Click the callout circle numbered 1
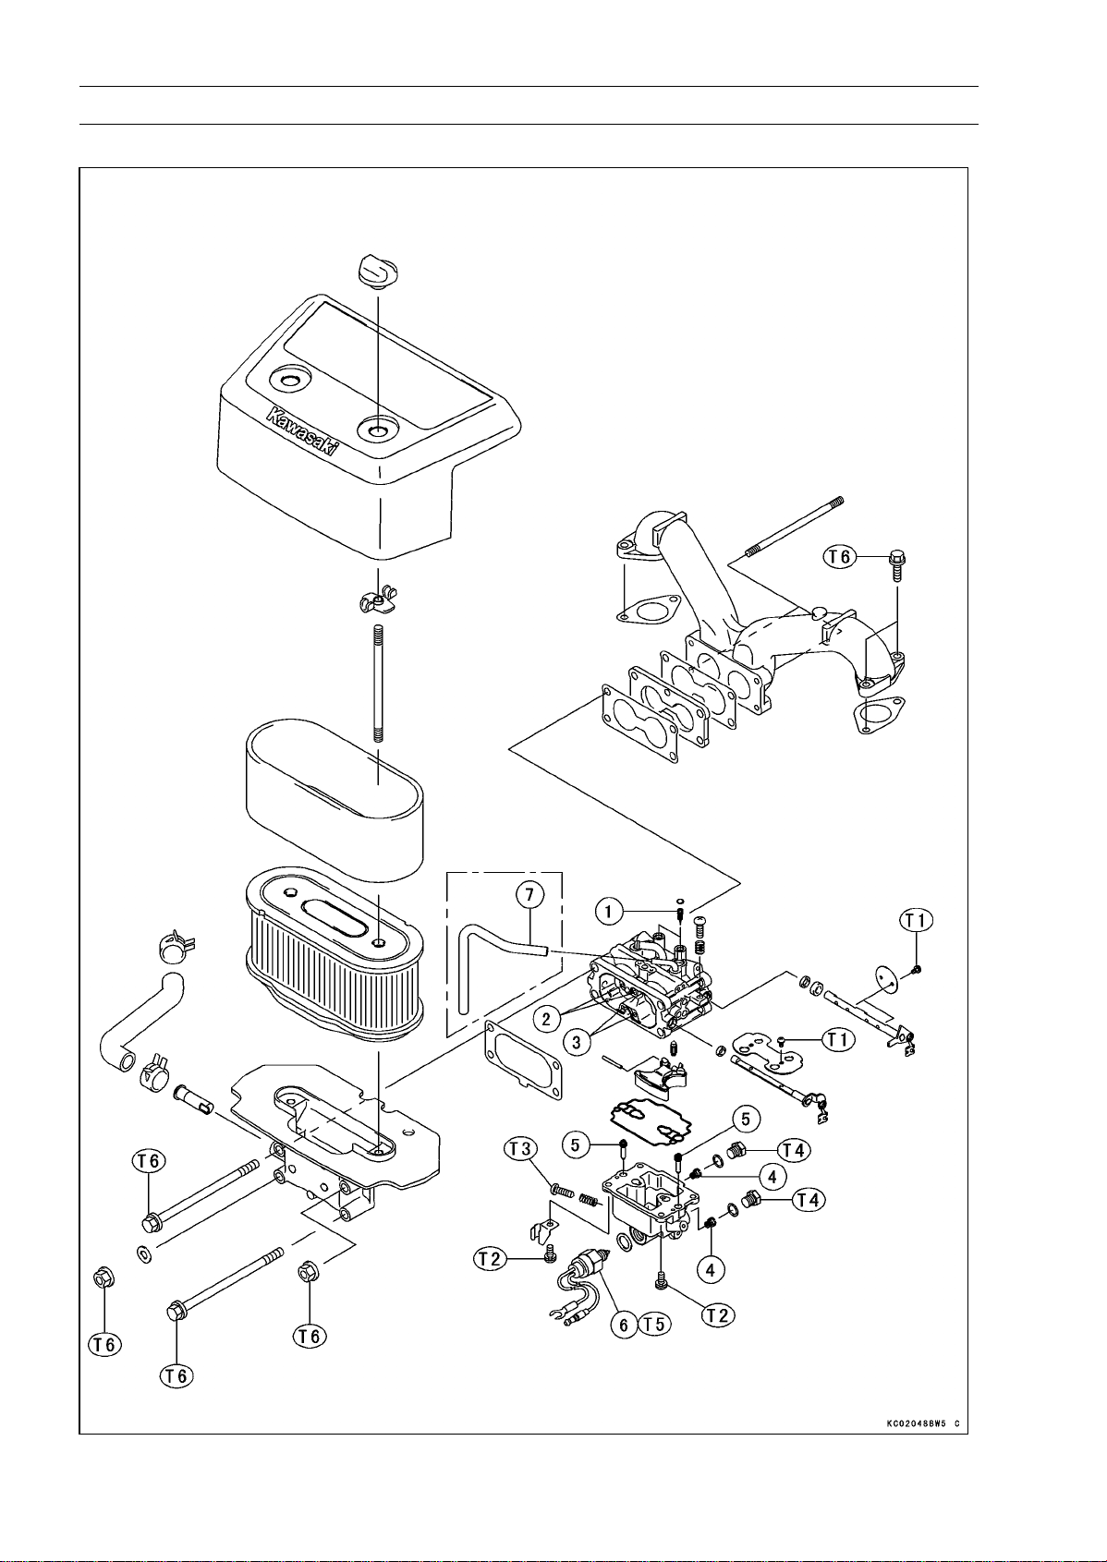click(x=608, y=912)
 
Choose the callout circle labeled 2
click(x=547, y=1019)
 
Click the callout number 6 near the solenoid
click(x=624, y=1325)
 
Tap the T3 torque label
click(x=521, y=1148)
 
